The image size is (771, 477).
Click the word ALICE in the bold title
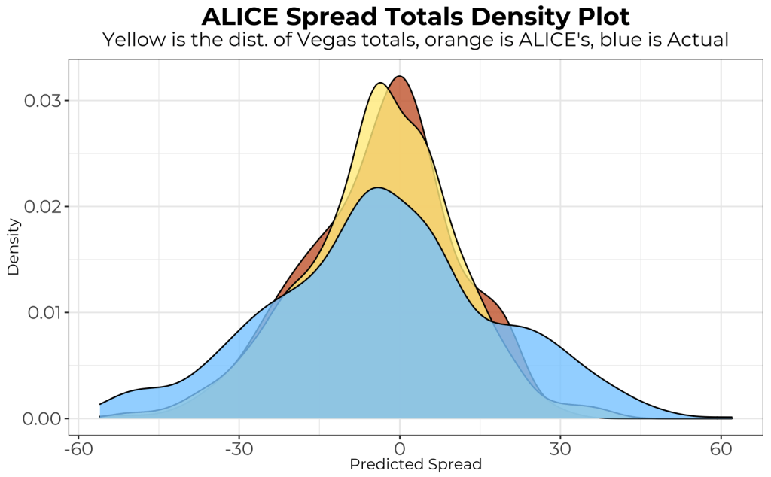(240, 17)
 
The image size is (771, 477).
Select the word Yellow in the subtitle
(134, 40)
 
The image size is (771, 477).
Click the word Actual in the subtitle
(698, 40)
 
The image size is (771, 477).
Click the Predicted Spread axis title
(416, 464)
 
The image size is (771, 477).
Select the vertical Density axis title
(13, 247)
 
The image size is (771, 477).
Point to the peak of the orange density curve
(400, 76)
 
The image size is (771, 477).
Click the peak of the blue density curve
(378, 187)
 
